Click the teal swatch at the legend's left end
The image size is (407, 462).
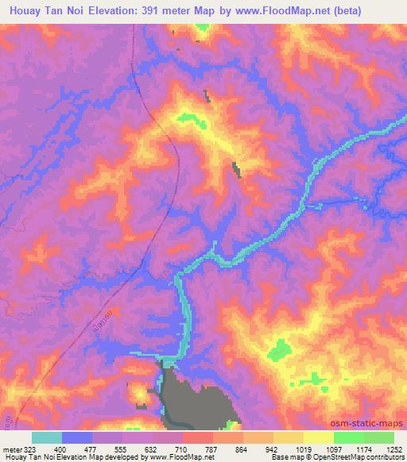(x=47, y=437)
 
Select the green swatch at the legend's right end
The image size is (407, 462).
(x=378, y=437)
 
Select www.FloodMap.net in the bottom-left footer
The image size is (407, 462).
(x=180, y=458)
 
